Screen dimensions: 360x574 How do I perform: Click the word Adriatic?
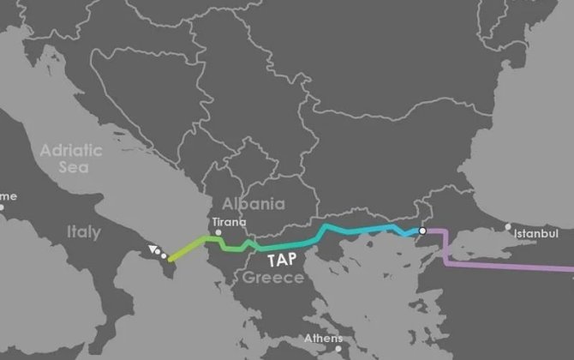pyautogui.click(x=72, y=150)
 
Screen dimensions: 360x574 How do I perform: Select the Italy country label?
pyautogui.click(x=83, y=232)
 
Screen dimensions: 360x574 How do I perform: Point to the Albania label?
pyautogui.click(x=253, y=204)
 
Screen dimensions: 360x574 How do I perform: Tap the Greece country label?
pyautogui.click(x=272, y=278)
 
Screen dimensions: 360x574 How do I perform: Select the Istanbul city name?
pyautogui.click(x=536, y=233)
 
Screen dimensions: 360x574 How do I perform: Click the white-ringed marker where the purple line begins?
pyautogui.click(x=422, y=231)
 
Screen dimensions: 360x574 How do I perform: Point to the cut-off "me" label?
pyautogui.click(x=8, y=196)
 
